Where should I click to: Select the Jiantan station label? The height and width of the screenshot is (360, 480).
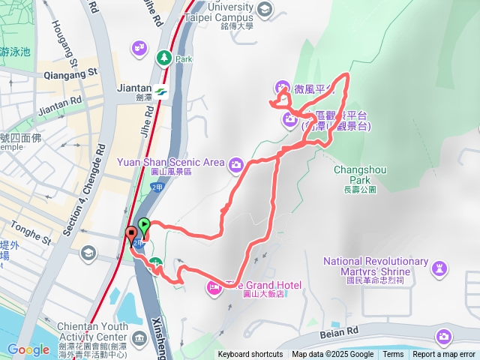135,88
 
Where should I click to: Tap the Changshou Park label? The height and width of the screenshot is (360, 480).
360,175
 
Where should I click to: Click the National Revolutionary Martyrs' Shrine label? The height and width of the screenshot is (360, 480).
376,266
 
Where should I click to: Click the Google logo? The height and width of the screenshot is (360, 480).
28,349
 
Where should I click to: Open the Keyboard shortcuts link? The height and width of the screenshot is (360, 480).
250,355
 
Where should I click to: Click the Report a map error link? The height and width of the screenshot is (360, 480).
444,355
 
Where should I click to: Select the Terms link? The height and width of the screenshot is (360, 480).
393,355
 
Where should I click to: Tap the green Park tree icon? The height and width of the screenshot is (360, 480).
163,57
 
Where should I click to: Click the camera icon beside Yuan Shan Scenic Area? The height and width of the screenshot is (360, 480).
236,163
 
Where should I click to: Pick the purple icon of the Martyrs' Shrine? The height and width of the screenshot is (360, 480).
439,268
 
